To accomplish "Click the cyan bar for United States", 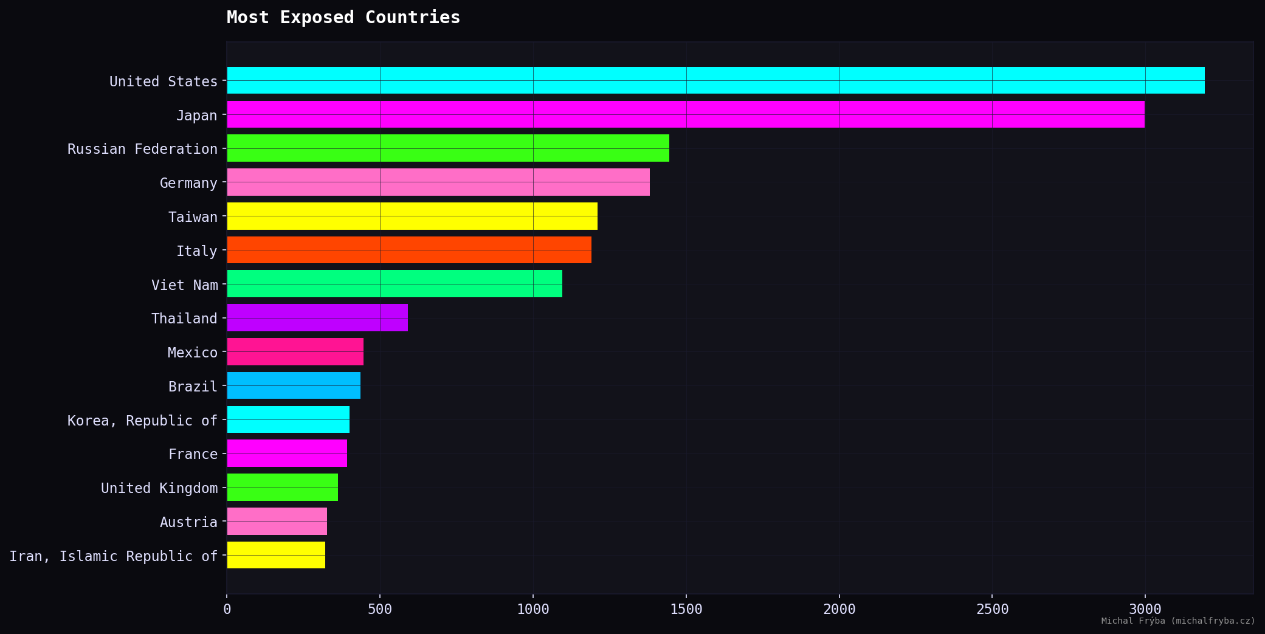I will coord(715,80).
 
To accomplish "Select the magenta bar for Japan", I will coord(686,114).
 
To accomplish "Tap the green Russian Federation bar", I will coord(448,148).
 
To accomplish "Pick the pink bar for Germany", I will coord(438,182).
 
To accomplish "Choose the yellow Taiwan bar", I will coord(412,216).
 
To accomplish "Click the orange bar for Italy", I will coord(409,250).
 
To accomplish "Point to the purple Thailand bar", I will coord(317,318).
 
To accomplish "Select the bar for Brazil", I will coord(294,385).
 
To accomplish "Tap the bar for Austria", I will coord(277,522).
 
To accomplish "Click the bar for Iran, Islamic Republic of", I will coord(276,555).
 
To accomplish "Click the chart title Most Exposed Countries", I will coord(343,18).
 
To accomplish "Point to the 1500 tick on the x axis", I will coord(686,609).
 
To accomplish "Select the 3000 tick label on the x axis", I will coord(1145,609).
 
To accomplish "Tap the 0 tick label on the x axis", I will coord(227,609).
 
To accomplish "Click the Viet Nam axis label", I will coord(184,285).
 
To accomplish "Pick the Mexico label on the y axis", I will coord(192,353).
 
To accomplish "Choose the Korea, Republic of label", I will coord(142,421).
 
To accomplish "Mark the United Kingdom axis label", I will coord(159,488).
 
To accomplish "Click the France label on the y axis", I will coord(193,454).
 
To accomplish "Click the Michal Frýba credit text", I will coord(1177,621).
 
